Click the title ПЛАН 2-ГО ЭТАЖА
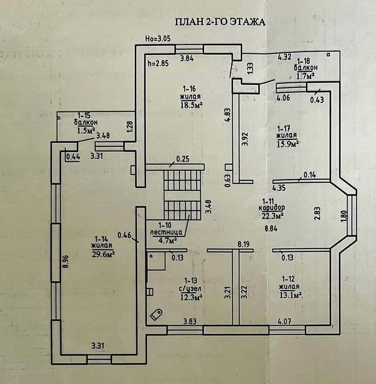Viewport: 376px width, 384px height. pyautogui.click(x=220, y=22)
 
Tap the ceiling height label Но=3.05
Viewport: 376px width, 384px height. pyautogui.click(x=158, y=39)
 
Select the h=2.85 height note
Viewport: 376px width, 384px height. pyautogui.click(x=158, y=63)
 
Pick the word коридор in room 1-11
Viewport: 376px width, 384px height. pyautogui.click(x=272, y=208)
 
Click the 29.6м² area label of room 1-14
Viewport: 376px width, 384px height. pyautogui.click(x=103, y=254)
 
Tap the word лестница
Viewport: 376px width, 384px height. pyautogui.click(x=166, y=233)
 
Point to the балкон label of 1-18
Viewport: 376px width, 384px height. pyautogui.click(x=306, y=68)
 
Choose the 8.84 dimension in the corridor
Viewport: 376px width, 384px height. pyautogui.click(x=271, y=229)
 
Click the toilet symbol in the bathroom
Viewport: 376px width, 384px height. pyautogui.click(x=156, y=315)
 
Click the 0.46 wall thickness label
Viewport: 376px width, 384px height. pyautogui.click(x=124, y=235)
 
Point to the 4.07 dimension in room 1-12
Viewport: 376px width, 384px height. pyautogui.click(x=284, y=321)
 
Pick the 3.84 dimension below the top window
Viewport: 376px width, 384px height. pyautogui.click(x=187, y=59)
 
